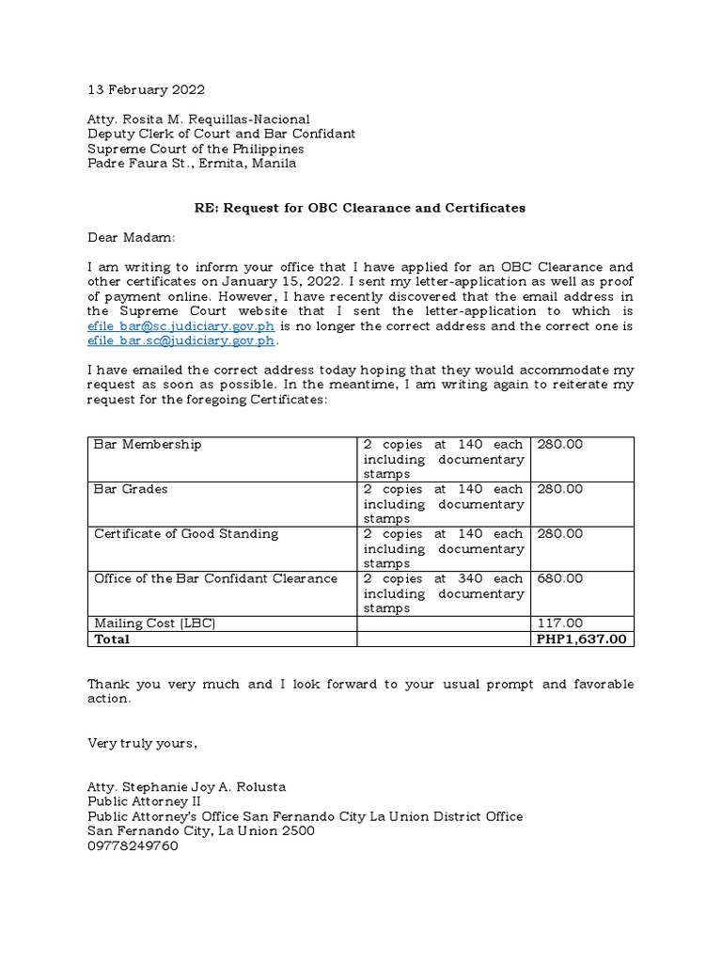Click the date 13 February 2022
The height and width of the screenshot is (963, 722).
click(x=146, y=90)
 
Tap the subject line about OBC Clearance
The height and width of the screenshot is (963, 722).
click(x=361, y=208)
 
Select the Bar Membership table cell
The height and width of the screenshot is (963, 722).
click(x=148, y=444)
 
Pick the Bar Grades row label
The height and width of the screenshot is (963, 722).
click(x=131, y=489)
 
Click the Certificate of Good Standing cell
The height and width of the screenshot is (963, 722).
click(x=186, y=534)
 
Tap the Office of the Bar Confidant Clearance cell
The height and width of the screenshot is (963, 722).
click(x=215, y=578)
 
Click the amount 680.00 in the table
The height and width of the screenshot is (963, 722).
click(x=559, y=578)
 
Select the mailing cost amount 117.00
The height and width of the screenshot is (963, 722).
click(x=559, y=624)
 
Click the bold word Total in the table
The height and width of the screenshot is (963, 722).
click(x=112, y=639)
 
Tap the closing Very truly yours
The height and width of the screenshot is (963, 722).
click(x=143, y=744)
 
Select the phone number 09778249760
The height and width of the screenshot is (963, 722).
click(x=133, y=845)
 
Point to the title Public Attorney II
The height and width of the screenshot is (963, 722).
click(x=143, y=802)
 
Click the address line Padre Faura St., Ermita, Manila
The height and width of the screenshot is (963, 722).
click(x=192, y=163)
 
